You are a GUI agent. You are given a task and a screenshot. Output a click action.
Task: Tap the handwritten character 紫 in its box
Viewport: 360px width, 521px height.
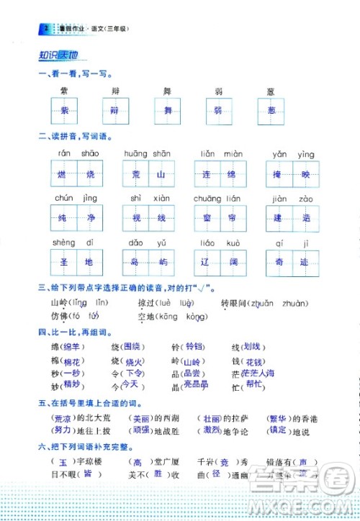(65, 110)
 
